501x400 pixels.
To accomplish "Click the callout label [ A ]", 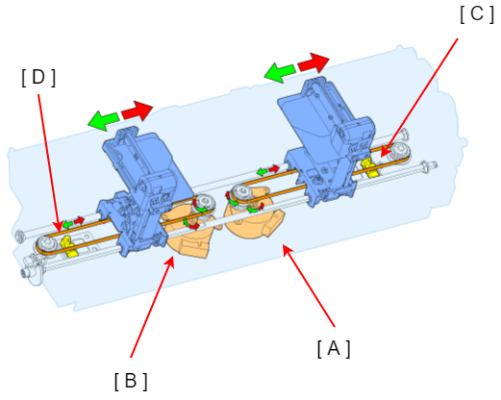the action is [334, 348].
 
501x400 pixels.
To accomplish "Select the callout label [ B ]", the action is [131, 381].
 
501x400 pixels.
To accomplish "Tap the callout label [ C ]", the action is [477, 14].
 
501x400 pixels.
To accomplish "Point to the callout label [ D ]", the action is [38, 78].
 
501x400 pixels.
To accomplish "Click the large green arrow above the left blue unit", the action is [103, 120].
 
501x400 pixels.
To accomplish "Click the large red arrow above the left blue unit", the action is [138, 111].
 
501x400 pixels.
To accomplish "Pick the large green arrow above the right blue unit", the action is [280, 72].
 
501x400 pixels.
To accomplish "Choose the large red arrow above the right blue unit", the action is [313, 62].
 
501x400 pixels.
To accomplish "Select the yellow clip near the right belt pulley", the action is [369, 167].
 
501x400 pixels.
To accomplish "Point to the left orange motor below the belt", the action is [189, 235].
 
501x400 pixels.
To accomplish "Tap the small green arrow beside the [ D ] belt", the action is [67, 224].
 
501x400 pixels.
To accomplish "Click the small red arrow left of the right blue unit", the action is [274, 168].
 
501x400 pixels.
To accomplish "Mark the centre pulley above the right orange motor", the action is [242, 192].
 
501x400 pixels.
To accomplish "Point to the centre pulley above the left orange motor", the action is [204, 203].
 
